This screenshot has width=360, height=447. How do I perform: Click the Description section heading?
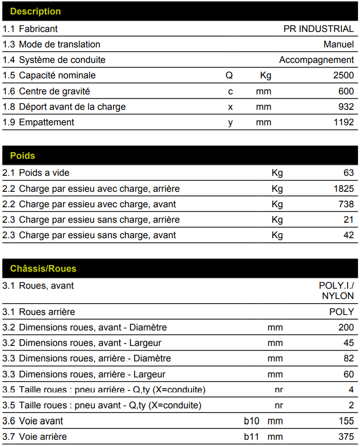[x=35, y=11]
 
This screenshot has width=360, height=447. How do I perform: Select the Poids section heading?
[x=23, y=156]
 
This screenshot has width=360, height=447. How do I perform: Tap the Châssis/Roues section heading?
[x=43, y=269]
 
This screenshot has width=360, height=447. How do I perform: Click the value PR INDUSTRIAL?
[x=318, y=29]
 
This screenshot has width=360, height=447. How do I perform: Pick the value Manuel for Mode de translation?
[x=339, y=44]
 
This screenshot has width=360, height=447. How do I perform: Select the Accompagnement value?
[x=317, y=60]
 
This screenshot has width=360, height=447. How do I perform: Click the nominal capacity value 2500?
[x=343, y=75]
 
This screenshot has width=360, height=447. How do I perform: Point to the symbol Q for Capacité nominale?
[x=229, y=75]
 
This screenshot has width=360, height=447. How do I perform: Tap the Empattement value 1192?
[x=343, y=122]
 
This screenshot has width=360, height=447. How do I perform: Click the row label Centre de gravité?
[x=54, y=91]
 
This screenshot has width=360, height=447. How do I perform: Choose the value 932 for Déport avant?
[x=346, y=107]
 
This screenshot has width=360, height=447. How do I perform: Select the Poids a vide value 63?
[x=349, y=173]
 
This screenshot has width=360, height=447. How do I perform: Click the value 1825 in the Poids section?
[x=343, y=189]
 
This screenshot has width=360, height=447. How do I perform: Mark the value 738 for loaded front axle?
[x=346, y=204]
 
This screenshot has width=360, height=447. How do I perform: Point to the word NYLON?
[x=338, y=296]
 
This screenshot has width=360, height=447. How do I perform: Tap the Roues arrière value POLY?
[x=341, y=312]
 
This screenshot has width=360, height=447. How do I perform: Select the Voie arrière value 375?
[x=346, y=437]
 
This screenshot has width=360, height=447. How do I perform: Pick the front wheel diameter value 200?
[x=346, y=327]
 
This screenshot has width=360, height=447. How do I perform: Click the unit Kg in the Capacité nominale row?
[x=266, y=75]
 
